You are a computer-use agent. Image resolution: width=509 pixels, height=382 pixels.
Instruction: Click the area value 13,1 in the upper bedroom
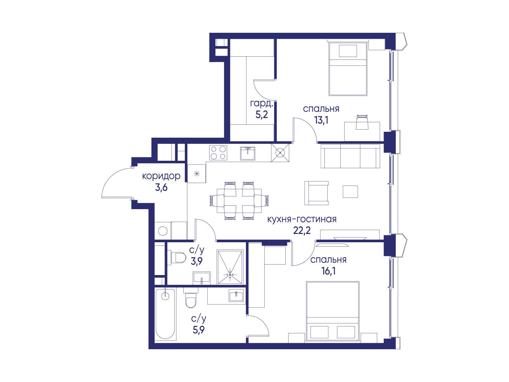pyautogui.click(x=321, y=120)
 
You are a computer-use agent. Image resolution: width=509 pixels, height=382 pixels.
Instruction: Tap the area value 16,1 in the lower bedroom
pyautogui.click(x=328, y=271)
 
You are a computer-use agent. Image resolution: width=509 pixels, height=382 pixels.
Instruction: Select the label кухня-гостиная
pyautogui.click(x=302, y=219)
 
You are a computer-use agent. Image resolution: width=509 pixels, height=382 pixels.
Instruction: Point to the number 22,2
pyautogui.click(x=302, y=230)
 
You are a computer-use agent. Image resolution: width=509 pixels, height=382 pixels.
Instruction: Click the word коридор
pyautogui.click(x=161, y=176)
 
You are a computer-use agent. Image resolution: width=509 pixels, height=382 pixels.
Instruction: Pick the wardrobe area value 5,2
pyautogui.click(x=261, y=115)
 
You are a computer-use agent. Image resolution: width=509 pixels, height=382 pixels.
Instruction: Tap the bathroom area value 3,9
pyautogui.click(x=197, y=261)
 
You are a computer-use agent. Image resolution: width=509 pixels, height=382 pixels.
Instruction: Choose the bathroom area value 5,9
pyautogui.click(x=199, y=329)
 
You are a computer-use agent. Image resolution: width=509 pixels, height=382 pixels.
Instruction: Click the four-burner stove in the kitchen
pyautogui.click(x=218, y=152)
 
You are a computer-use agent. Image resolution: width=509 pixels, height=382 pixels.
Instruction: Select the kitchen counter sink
pyautogui.click(x=248, y=153)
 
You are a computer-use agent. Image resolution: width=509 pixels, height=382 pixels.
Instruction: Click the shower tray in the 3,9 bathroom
pyautogui.click(x=230, y=267)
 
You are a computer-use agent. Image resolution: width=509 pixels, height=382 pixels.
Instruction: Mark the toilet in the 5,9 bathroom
pyautogui.click(x=191, y=298)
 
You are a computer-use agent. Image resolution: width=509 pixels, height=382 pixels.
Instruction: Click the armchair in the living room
pyautogui.click(x=317, y=193)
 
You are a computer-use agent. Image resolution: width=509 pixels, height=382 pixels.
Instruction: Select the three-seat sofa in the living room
pyautogui.click(x=350, y=156)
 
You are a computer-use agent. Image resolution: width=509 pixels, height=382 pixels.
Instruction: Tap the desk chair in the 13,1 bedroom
pyautogui.click(x=362, y=122)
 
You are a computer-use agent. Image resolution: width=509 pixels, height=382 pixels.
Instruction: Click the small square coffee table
pyautogui.click(x=350, y=192)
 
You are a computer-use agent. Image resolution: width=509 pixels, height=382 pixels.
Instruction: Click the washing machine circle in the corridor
pyautogui.click(x=163, y=231)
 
